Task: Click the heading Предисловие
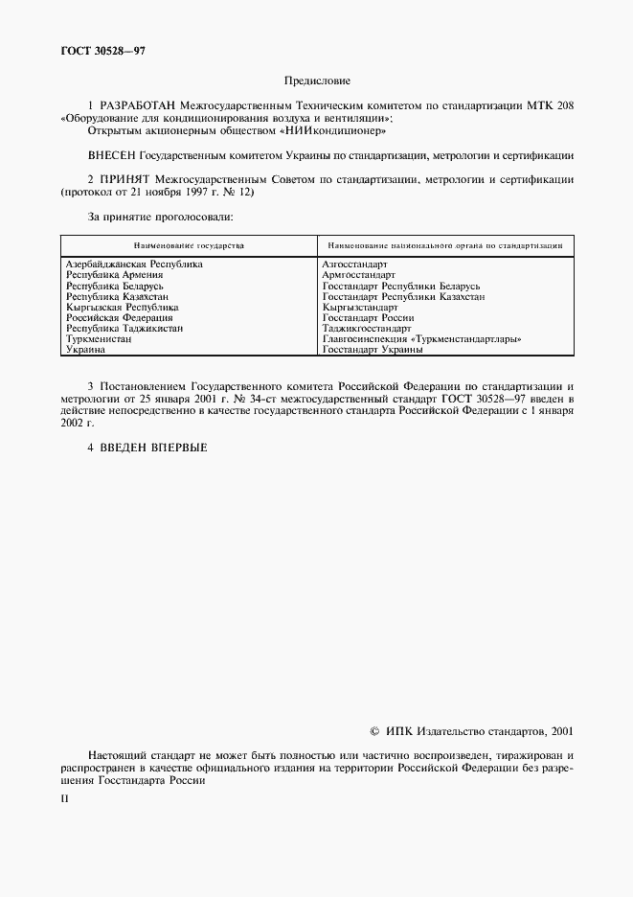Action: click(x=317, y=82)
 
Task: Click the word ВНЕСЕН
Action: click(x=111, y=154)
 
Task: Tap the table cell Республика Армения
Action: click(x=111, y=275)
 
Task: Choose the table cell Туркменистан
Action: click(x=99, y=339)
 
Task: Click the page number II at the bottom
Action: click(x=64, y=797)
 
